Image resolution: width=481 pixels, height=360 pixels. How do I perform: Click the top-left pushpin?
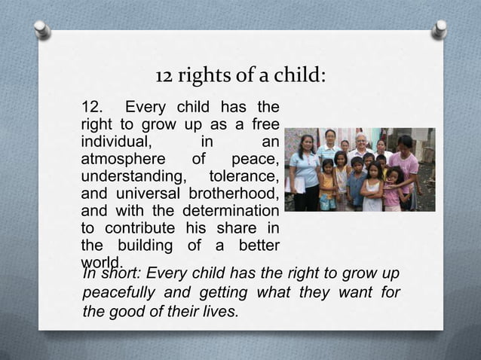point(41,29)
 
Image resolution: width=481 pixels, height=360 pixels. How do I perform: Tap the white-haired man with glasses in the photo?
point(361,145)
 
